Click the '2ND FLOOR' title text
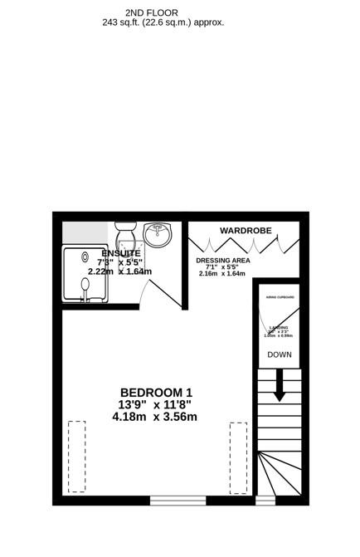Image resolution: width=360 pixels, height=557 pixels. (145, 13)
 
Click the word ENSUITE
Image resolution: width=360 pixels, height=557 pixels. (121, 252)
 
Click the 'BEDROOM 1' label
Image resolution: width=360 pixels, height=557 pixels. (156, 393)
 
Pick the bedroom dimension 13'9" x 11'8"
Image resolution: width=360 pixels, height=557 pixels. (155, 404)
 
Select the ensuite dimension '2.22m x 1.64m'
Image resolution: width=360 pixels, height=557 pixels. (121, 271)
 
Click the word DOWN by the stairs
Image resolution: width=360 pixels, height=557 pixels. (279, 354)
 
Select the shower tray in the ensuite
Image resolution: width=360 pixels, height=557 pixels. (87, 272)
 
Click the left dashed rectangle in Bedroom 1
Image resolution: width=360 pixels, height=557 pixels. (76, 457)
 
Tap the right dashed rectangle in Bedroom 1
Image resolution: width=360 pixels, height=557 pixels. (238, 457)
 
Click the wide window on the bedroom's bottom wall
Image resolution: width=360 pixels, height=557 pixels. (178, 501)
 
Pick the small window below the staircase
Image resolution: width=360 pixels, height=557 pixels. (265, 501)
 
